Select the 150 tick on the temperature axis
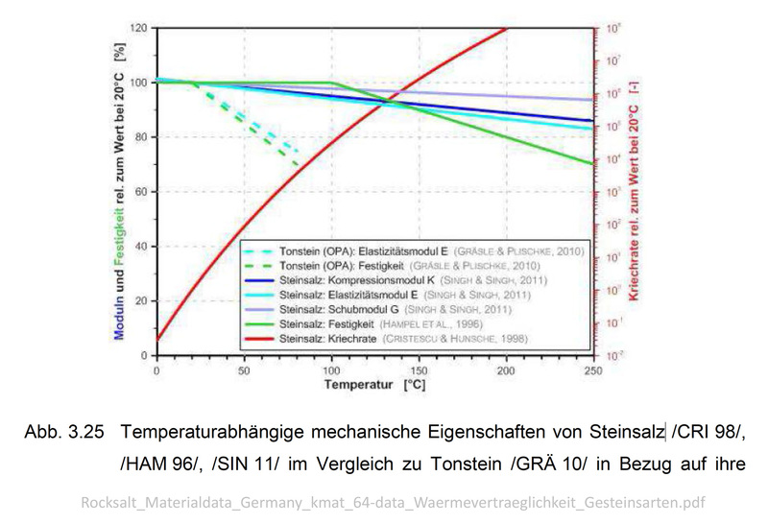[418, 369]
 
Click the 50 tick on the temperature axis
[244, 369]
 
